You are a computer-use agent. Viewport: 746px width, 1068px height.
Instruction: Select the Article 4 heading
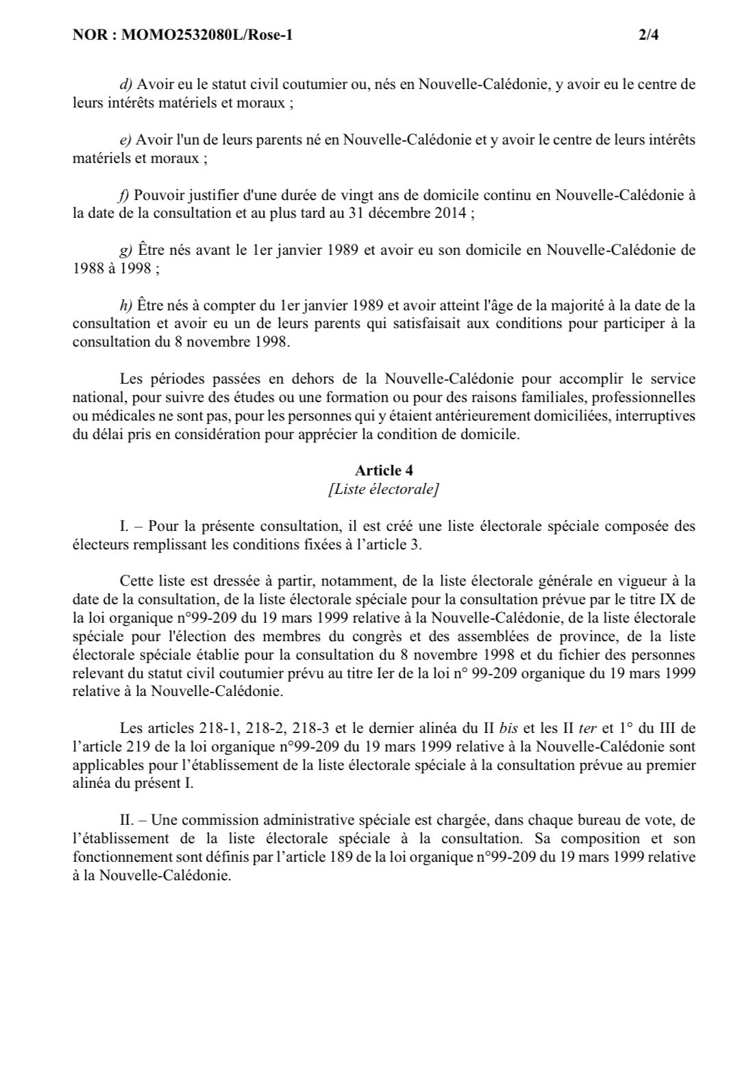(x=384, y=470)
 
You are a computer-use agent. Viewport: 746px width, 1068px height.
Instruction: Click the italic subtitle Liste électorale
(x=384, y=488)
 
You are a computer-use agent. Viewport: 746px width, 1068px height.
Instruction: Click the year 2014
(x=449, y=212)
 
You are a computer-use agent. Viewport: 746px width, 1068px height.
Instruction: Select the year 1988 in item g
(x=87, y=269)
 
